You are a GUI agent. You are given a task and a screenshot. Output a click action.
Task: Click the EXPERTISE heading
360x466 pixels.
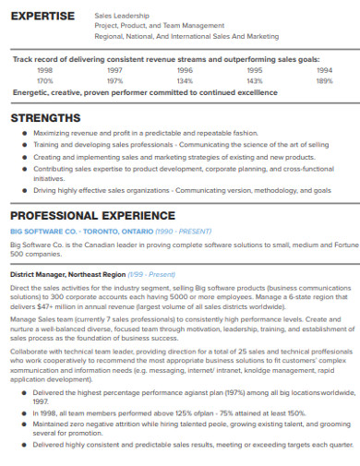(x=41, y=18)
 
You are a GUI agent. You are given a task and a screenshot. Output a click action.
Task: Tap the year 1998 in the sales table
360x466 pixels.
(x=44, y=69)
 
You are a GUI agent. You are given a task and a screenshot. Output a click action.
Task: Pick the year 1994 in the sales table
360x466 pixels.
(x=324, y=69)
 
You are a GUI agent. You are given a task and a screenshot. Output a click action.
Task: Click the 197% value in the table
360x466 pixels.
(x=114, y=80)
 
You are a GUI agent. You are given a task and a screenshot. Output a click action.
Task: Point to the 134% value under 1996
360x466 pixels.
(x=185, y=80)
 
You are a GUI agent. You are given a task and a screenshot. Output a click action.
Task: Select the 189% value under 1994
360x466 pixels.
(x=324, y=80)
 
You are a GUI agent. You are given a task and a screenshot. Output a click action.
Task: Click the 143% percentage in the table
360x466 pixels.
(x=255, y=80)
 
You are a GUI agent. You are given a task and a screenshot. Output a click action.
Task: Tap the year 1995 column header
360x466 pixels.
(x=255, y=69)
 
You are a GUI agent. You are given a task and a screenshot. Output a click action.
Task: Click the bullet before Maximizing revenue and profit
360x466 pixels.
(x=25, y=133)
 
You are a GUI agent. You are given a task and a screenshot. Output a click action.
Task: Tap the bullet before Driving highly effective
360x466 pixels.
(x=25, y=191)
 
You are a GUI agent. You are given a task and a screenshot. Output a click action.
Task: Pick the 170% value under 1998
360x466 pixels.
(x=44, y=80)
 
